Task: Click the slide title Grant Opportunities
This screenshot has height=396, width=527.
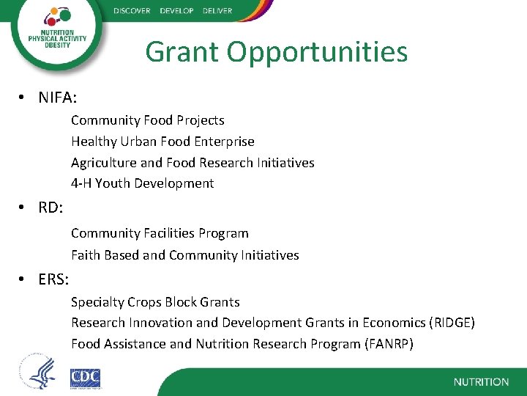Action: click(276, 52)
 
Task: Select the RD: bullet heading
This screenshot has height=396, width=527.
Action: click(51, 208)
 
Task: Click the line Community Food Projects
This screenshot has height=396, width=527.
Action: click(147, 120)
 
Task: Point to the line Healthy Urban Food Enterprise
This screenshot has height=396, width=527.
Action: click(162, 142)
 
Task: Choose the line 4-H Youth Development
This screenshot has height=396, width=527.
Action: click(142, 183)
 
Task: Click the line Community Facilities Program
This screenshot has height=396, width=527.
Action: click(160, 233)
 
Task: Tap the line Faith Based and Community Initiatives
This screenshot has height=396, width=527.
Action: click(184, 255)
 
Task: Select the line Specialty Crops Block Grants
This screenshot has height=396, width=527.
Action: click(155, 302)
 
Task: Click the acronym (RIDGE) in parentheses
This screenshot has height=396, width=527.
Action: click(452, 323)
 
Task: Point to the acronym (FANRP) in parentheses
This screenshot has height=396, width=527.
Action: click(389, 343)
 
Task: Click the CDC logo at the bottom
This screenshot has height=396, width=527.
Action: click(85, 378)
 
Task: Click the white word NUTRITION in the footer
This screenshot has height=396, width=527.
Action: click(481, 382)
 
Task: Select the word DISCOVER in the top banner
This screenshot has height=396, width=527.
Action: click(132, 11)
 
